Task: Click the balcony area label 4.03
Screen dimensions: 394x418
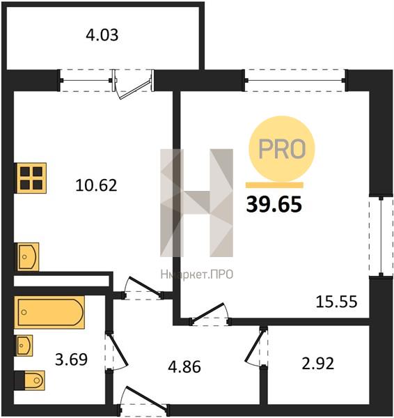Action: click(x=102, y=36)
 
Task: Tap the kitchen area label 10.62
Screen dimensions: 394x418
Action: click(x=96, y=185)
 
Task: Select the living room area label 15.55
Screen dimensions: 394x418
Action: click(x=336, y=302)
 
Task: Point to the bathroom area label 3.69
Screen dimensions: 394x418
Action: click(x=71, y=359)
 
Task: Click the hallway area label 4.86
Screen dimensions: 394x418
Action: click(x=184, y=367)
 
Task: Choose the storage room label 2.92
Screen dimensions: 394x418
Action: click(x=318, y=364)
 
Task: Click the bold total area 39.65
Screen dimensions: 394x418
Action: click(x=274, y=204)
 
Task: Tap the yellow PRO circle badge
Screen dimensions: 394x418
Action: click(x=282, y=149)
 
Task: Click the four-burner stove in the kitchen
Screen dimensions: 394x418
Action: click(x=31, y=178)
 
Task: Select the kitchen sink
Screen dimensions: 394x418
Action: click(x=27, y=257)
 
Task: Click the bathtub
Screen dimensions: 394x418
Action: click(x=49, y=312)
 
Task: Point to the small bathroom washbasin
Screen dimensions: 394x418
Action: click(x=24, y=346)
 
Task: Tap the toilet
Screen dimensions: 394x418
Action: click(x=30, y=380)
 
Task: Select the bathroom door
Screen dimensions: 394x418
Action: click(x=117, y=351)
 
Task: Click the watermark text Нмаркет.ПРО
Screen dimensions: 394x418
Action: click(x=197, y=274)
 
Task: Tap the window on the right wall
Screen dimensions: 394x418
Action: click(x=381, y=237)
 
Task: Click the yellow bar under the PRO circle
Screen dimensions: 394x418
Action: click(x=274, y=185)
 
